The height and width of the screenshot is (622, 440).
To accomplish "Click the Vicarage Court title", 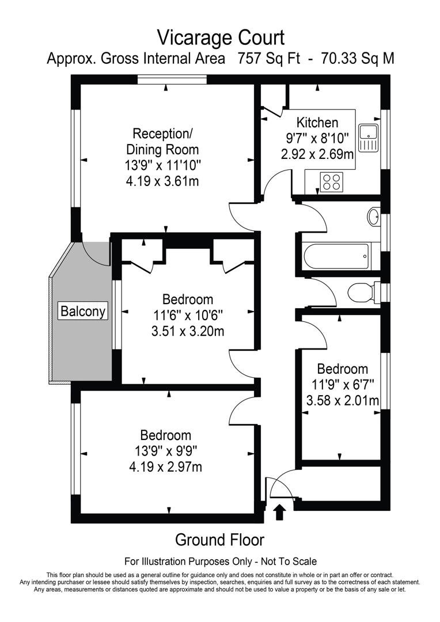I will (221, 38).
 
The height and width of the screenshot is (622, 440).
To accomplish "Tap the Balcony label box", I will (84, 312).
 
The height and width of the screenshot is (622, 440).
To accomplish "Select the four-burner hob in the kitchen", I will (331, 182).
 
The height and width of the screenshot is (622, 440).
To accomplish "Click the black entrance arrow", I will (280, 511).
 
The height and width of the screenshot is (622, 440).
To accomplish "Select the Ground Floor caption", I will (219, 540).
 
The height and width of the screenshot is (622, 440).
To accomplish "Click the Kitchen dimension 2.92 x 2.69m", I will (317, 154).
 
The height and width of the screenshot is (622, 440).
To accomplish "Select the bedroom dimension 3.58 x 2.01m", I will (342, 400).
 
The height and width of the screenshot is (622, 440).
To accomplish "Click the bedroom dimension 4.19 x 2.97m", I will (166, 466).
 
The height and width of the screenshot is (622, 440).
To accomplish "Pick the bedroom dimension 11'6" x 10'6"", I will (187, 316).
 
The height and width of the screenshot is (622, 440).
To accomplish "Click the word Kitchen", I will (317, 123).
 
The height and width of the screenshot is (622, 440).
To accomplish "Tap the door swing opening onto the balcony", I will (96, 253).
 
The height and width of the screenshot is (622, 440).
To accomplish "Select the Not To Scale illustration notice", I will (221, 561).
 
